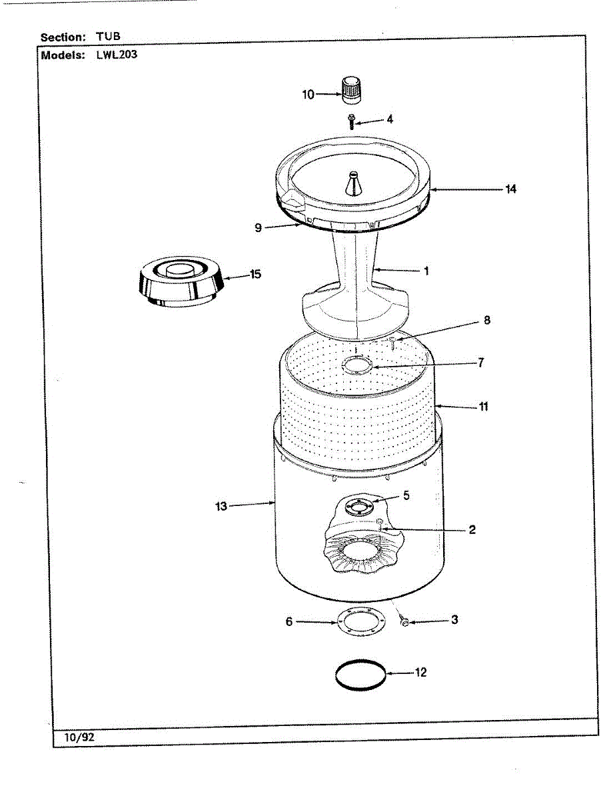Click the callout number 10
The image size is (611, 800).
point(308,95)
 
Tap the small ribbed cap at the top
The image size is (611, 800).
point(351,90)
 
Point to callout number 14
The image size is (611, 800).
point(510,189)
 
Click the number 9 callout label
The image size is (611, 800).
point(258,227)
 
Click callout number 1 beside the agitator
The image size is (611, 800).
point(426,271)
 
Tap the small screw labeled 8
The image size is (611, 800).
point(392,343)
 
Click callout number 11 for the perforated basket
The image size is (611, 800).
point(484,407)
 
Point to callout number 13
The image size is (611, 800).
point(221,507)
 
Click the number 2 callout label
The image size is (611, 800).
point(472,531)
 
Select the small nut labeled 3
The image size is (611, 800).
point(403,622)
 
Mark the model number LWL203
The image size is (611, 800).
point(117,55)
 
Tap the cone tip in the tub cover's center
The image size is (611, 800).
point(352,183)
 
